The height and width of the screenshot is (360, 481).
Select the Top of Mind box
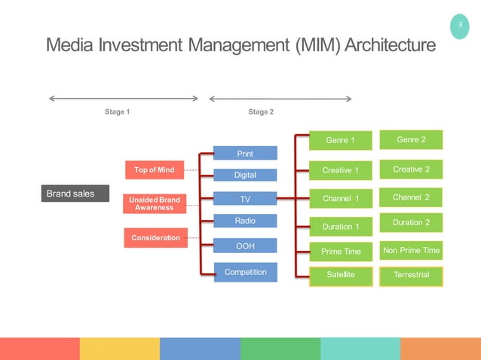click(154, 170)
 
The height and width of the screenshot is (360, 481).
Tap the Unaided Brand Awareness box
click(154, 203)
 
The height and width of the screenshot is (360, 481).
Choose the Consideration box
click(155, 238)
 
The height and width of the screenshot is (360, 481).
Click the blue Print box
click(245, 154)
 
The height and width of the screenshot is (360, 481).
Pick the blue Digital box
click(245, 175)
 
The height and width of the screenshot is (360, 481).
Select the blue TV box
click(245, 200)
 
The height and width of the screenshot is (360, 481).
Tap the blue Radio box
click(245, 221)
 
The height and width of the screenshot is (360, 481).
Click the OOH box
click(245, 246)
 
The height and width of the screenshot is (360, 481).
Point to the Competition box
click(245, 272)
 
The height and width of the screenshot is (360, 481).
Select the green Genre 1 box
click(340, 141)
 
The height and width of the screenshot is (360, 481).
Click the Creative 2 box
click(411, 169)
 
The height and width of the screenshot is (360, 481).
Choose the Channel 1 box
click(340, 199)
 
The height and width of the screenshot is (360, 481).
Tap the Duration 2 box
click(411, 223)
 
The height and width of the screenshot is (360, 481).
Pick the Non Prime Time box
click(411, 251)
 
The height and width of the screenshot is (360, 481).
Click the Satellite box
click(340, 276)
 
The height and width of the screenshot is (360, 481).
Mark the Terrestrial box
click(411, 276)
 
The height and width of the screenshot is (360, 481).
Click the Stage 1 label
click(118, 112)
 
